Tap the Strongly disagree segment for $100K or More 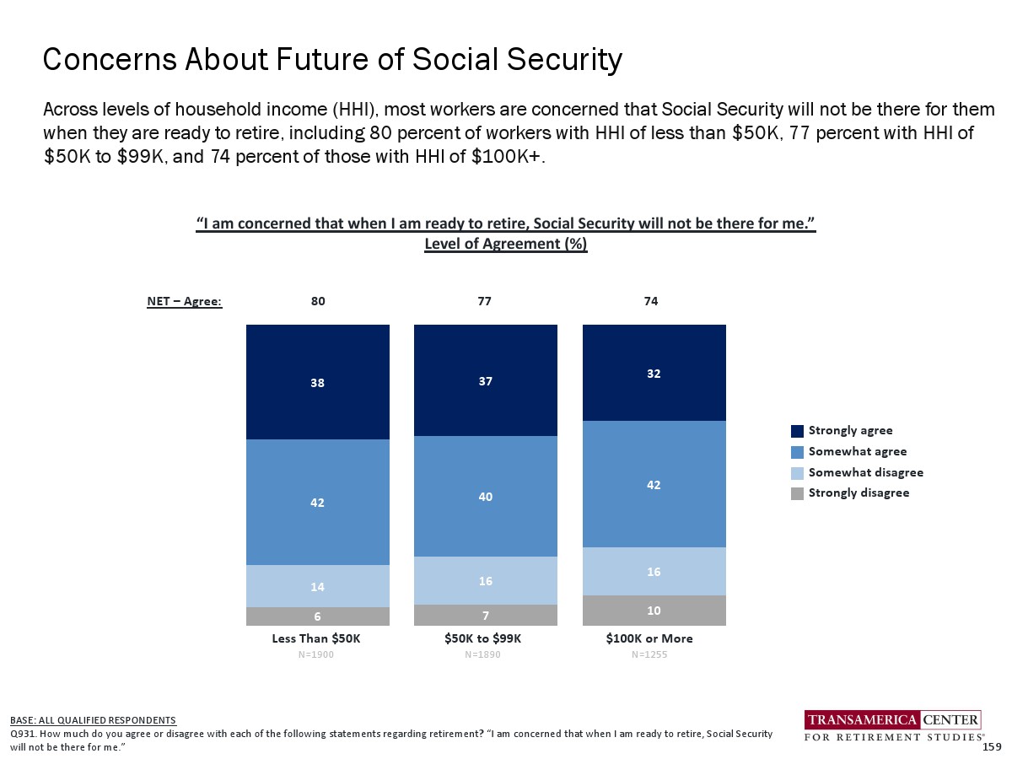[x=654, y=610]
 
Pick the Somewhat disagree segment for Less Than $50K [x=317, y=586]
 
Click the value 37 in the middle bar [x=485, y=381]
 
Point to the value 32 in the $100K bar [x=654, y=373]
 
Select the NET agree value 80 [x=318, y=301]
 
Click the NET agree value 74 [x=651, y=301]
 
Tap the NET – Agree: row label [x=184, y=301]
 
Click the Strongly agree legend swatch [x=797, y=431]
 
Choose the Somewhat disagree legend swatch [x=797, y=472]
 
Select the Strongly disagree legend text [x=859, y=493]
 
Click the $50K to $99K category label [x=483, y=638]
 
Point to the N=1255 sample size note [x=649, y=655]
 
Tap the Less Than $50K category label [x=316, y=638]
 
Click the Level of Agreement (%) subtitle [x=505, y=244]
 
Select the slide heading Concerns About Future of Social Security [x=332, y=60]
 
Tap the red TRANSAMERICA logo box [x=863, y=719]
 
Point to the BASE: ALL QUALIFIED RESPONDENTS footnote [x=93, y=720]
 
